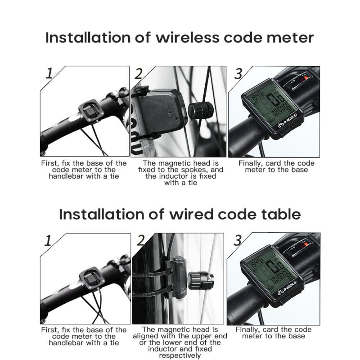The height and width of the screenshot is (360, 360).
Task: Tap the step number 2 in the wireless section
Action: tap(139, 74)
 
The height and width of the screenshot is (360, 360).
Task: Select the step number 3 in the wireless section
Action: tap(238, 74)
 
